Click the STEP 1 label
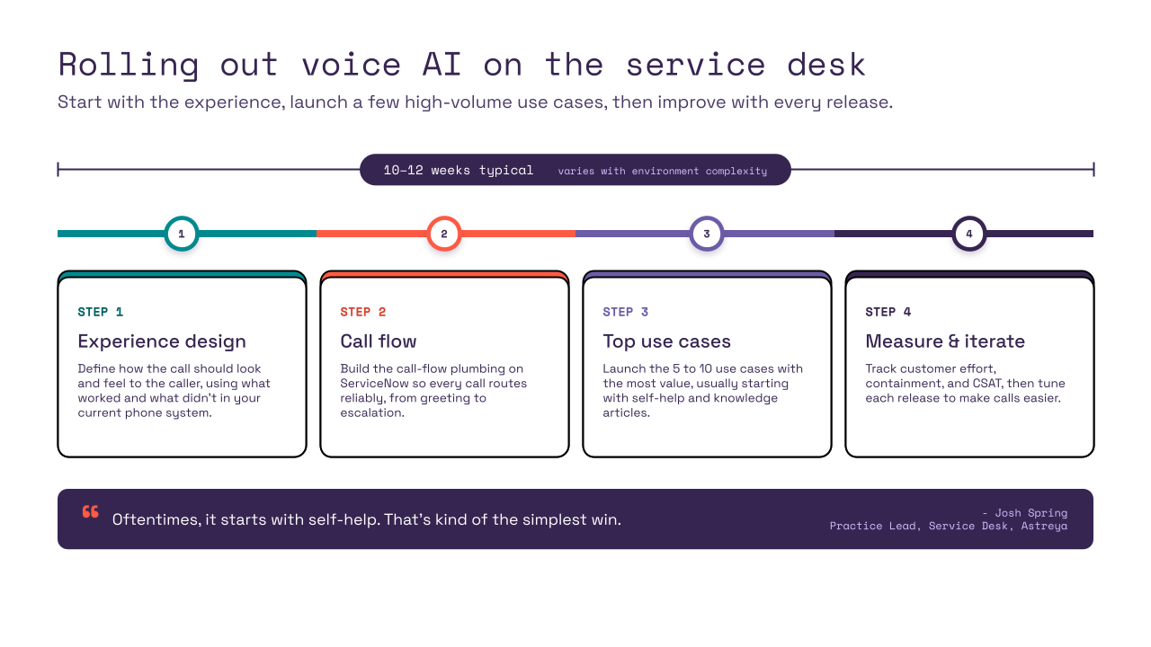(100, 312)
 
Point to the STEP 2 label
(362, 312)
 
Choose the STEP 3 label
(625, 312)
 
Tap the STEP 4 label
(888, 312)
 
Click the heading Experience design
(162, 341)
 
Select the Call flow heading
(379, 341)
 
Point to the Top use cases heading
(666, 341)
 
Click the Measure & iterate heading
(945, 341)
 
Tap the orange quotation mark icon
(91, 512)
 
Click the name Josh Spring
(1031, 513)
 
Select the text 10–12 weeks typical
(459, 170)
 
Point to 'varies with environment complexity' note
(663, 171)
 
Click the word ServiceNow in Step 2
(375, 383)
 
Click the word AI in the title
(442, 65)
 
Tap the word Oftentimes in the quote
(156, 519)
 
